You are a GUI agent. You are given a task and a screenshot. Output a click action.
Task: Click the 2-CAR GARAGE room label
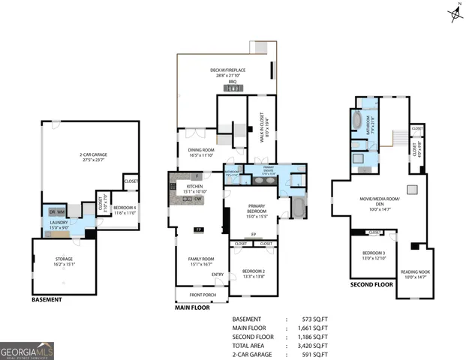coord(91,155)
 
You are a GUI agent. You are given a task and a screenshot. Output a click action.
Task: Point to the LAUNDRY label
coord(59,223)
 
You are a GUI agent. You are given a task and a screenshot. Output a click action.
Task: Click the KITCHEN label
coord(195,187)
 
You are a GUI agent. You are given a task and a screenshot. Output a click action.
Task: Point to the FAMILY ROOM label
coord(201,260)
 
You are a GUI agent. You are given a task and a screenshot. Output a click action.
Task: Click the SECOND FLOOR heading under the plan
coord(371,285)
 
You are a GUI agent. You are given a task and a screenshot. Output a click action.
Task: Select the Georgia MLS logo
coord(27,349)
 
